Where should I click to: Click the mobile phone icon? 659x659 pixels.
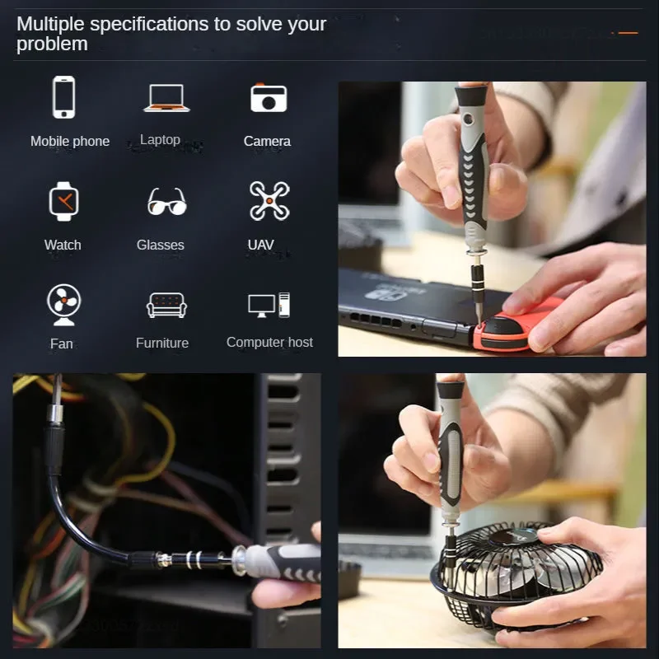pos(64,97)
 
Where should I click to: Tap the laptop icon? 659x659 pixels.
pos(166,98)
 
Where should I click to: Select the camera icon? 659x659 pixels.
pos(269,98)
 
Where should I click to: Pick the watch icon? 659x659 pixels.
pos(63,201)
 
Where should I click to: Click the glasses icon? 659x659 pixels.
pos(166,202)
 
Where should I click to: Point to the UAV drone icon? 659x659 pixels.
pos(269,201)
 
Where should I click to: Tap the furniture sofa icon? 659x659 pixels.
pos(166,305)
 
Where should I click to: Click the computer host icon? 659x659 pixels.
pos(269,305)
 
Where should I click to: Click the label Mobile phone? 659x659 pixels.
pos(70,142)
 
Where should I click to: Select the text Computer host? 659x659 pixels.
pos(269,342)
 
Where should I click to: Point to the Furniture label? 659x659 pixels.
pos(162,343)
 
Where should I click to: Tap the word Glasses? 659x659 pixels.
pos(161,245)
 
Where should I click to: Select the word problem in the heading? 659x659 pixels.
pos(52,44)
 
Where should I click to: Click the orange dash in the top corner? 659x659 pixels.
pos(629,34)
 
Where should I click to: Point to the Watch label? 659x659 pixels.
pos(63,245)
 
